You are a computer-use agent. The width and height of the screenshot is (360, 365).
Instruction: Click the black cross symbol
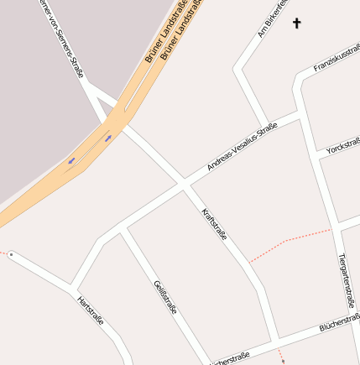[x=296, y=23]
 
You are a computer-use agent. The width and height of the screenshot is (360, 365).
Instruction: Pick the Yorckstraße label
[x=342, y=141]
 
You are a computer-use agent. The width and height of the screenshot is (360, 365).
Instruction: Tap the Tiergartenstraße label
[x=347, y=280]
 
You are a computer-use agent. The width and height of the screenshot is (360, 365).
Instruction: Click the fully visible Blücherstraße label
[x=339, y=324]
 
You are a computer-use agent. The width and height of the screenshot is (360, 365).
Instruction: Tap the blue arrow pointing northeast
[x=108, y=137]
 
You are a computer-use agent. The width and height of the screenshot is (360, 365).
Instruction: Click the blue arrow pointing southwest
[x=71, y=159]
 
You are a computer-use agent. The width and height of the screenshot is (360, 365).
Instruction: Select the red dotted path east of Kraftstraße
[x=290, y=239]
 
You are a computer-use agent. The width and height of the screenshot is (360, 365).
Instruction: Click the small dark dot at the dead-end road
[x=11, y=253]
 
